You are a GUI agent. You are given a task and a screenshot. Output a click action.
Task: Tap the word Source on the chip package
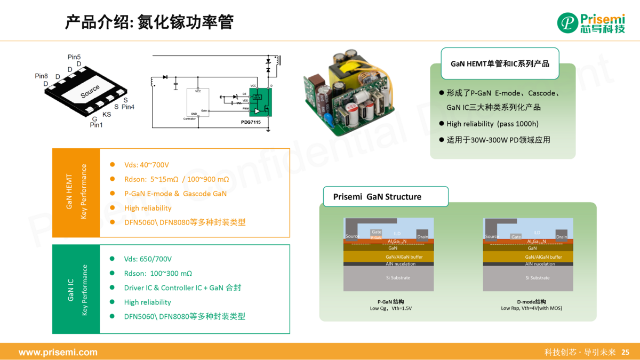90,92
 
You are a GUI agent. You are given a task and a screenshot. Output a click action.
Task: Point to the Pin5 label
74,57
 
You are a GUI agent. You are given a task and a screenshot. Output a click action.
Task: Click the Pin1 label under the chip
96,125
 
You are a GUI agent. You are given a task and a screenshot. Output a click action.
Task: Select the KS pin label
107,114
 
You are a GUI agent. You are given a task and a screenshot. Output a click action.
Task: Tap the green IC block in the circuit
261,102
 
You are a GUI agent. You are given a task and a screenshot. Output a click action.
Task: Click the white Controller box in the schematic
197,104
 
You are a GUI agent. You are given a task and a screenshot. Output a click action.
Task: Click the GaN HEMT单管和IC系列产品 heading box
500,63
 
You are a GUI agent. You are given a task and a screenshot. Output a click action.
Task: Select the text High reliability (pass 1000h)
492,124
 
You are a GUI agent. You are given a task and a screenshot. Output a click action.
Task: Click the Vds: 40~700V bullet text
147,165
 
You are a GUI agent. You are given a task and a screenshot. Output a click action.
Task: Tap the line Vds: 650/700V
148,259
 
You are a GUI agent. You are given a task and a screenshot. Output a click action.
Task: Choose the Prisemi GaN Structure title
377,197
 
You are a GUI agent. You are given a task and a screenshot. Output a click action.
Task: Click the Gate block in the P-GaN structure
377,233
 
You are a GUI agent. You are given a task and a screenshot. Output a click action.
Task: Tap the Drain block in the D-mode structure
562,236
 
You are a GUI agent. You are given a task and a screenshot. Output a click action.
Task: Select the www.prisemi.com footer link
58,353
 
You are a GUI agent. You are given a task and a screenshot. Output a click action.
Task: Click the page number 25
626,353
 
